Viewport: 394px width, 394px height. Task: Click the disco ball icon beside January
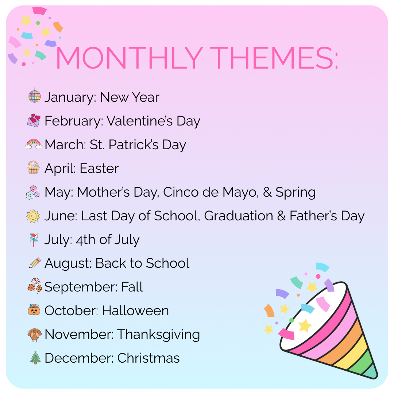point(34,96)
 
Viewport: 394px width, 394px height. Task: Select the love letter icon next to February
point(34,120)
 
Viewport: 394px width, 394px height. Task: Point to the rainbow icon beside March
point(34,144)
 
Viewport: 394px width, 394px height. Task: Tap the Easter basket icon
point(34,167)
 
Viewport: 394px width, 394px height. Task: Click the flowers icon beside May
point(33,193)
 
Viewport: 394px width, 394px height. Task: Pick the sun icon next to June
point(33,216)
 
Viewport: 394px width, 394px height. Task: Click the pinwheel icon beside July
point(34,240)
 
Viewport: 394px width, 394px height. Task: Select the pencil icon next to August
point(35,263)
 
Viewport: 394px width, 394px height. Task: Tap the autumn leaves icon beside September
point(34,286)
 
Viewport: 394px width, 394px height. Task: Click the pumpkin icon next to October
point(34,310)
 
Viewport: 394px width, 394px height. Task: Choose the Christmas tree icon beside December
point(35,358)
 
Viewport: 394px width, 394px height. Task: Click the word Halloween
point(135,310)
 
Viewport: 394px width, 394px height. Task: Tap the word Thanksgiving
point(158,335)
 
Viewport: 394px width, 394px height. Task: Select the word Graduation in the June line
point(239,216)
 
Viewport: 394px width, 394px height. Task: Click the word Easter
point(99,168)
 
